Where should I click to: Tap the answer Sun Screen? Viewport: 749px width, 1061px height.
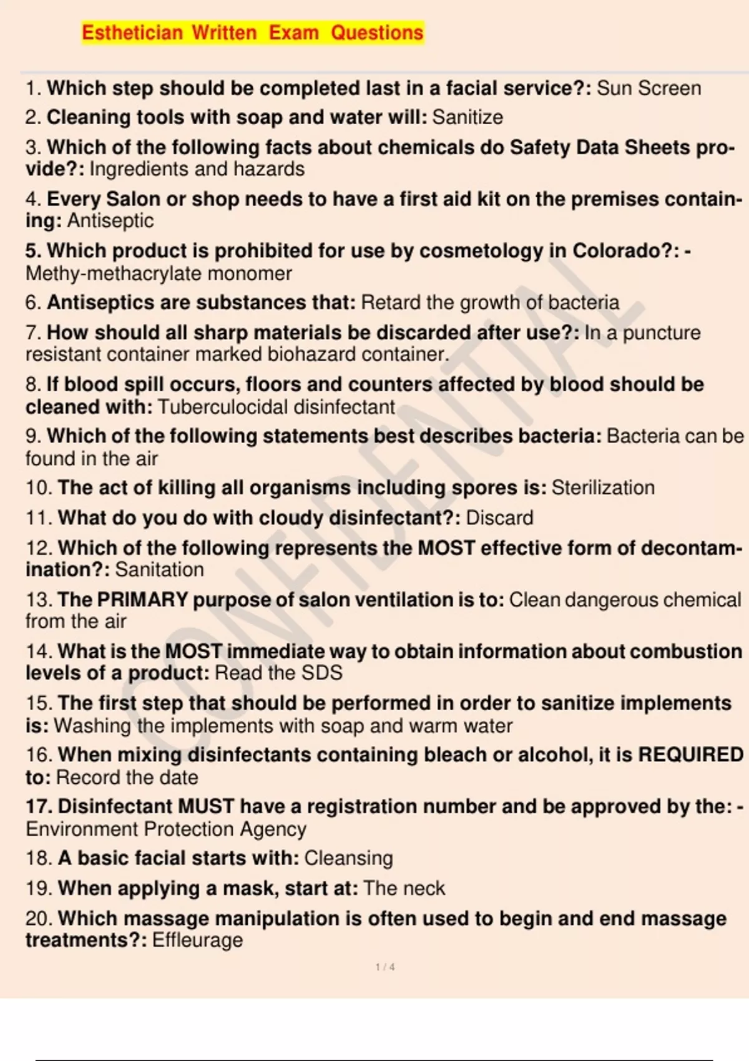(x=649, y=88)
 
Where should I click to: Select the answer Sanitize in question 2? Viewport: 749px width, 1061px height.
(x=468, y=117)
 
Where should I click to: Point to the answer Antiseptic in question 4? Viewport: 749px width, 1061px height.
(x=110, y=221)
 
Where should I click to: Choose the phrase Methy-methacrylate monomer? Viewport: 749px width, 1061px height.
(x=159, y=273)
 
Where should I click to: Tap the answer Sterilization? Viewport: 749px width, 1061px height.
(x=603, y=487)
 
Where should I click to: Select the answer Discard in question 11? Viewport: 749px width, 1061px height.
(x=499, y=518)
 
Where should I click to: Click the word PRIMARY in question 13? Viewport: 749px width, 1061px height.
(x=142, y=600)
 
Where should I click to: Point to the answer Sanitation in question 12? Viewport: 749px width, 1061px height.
(x=159, y=570)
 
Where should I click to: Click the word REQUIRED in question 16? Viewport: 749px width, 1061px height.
(x=691, y=755)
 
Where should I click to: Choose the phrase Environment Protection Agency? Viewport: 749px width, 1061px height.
(x=166, y=829)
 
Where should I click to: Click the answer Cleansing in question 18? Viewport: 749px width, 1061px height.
(x=348, y=858)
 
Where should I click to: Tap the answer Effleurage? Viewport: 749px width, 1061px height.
(x=197, y=941)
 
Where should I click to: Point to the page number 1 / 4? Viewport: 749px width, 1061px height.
(x=385, y=967)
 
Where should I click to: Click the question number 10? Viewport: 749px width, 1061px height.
(x=38, y=487)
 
